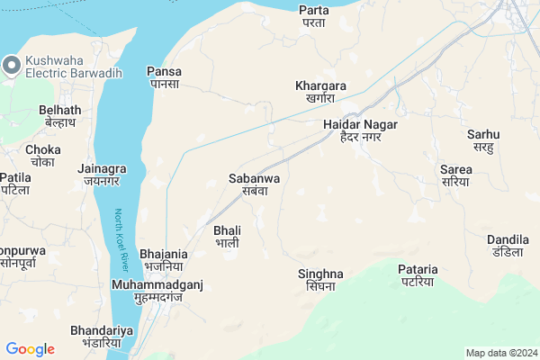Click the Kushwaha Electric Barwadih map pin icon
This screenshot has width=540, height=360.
11,65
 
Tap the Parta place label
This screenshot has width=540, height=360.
313,15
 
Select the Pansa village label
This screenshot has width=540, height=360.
164,76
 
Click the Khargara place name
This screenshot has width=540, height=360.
320,92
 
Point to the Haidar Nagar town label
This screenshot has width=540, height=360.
360,130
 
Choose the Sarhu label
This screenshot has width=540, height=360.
483,140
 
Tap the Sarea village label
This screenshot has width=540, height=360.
454,175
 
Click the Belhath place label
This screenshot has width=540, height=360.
60,116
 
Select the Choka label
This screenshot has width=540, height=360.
43,156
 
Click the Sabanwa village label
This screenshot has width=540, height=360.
255,184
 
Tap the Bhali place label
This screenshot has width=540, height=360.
226,237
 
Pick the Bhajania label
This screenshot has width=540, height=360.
163,260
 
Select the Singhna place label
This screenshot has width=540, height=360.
320,279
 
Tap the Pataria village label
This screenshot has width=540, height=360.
418,274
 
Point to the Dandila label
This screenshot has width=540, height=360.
508,245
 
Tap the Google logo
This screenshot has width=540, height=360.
30,349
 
